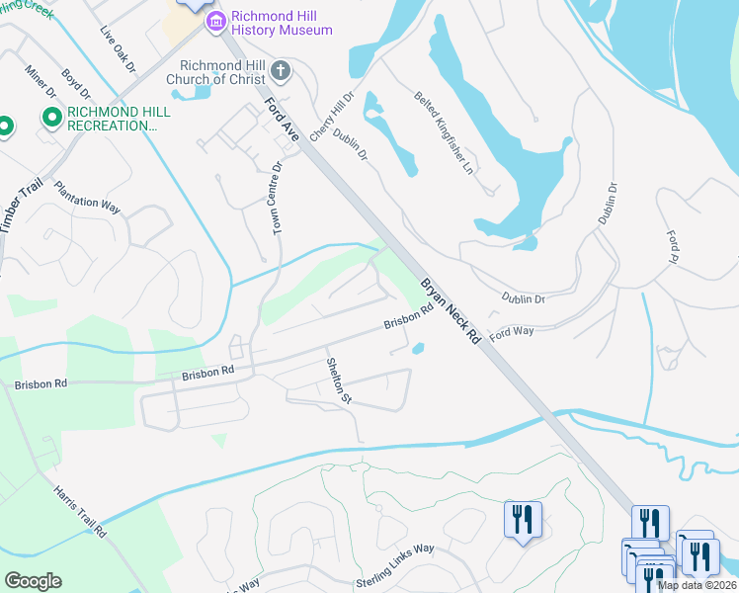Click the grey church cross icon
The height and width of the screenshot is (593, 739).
[281, 71]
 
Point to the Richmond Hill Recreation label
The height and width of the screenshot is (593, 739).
[119, 119]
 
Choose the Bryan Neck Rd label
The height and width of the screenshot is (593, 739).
[451, 309]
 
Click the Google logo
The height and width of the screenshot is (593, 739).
[33, 581]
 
